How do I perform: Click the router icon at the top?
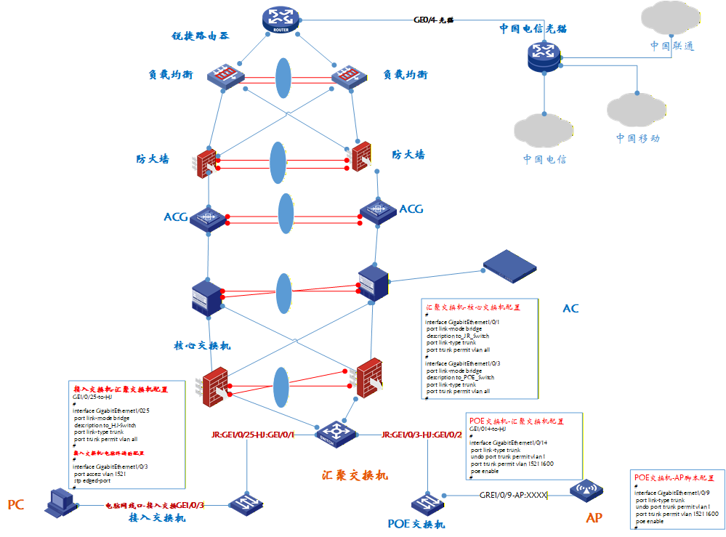[281, 19]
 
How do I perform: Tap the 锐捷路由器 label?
[201, 36]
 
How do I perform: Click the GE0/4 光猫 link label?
[433, 20]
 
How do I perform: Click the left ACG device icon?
[209, 217]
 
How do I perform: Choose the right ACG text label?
[411, 209]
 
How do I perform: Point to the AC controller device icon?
[509, 266]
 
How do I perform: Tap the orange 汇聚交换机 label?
[355, 475]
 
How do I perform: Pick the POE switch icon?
[426, 504]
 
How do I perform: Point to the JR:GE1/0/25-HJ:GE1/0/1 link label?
[252, 435]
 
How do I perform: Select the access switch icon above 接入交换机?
[246, 503]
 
